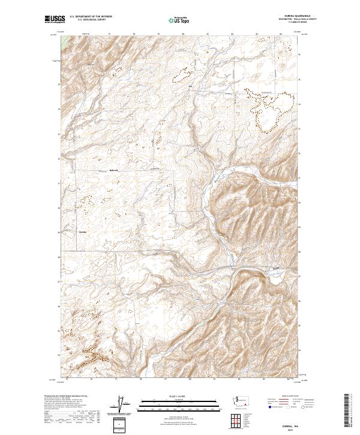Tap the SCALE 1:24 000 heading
179,395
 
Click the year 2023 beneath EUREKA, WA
295,428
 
